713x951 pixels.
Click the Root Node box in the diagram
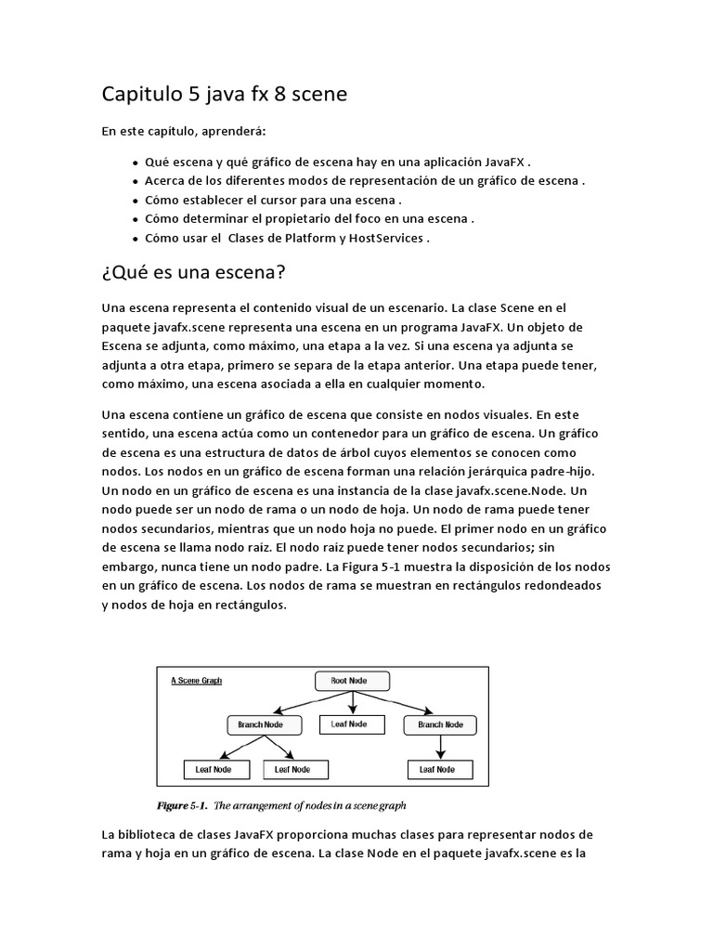(348, 681)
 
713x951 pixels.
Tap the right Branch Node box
(440, 724)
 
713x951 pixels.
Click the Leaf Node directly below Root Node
(348, 724)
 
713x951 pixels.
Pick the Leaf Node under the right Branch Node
(437, 769)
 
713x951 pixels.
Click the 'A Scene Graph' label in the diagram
(196, 681)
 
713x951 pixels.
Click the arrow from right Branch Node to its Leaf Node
(438, 747)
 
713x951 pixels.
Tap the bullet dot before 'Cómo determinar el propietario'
(136, 219)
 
